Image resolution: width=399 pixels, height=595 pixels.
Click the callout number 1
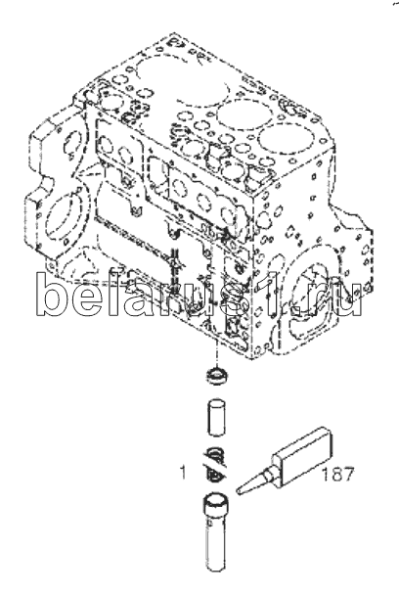[183, 473]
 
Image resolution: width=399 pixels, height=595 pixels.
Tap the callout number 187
[337, 475]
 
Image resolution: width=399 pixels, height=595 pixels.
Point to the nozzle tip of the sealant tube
[239, 492]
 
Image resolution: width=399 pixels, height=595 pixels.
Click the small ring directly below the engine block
[216, 377]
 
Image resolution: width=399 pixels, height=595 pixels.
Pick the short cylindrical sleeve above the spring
[216, 416]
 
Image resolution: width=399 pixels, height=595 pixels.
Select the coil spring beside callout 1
[216, 466]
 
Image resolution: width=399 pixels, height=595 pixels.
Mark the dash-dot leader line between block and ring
[216, 353]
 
